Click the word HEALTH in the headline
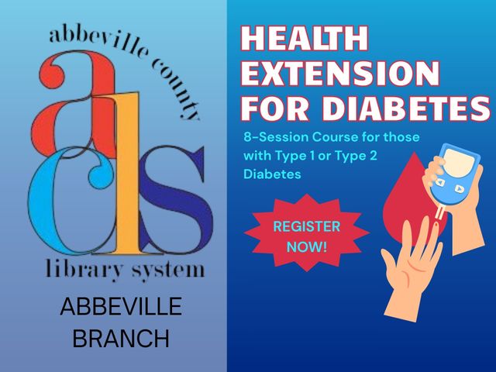point(305,38)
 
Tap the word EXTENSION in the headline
point(340,73)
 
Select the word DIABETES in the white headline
point(406,108)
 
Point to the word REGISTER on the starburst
point(307,226)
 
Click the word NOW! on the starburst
point(307,246)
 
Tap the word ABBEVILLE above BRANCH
point(121,306)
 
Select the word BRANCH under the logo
point(121,338)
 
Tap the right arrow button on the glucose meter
point(459,189)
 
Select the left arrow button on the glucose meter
point(439,182)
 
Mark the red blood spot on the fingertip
point(436,224)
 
